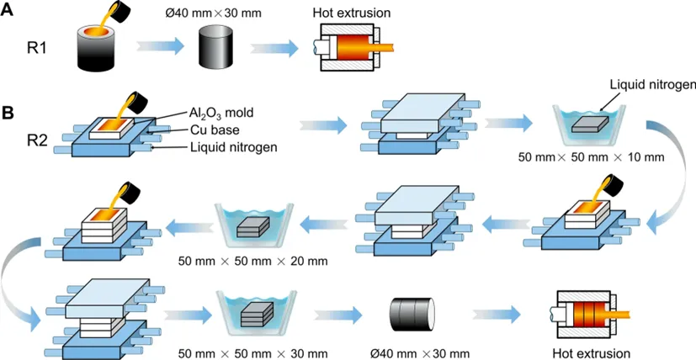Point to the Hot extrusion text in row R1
(x=350, y=12)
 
